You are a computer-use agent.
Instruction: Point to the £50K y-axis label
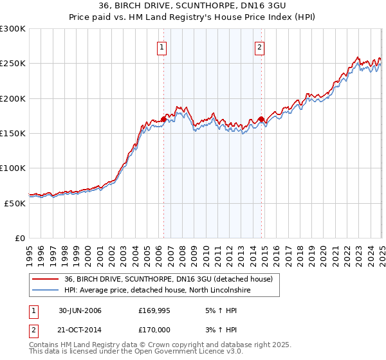pos(15,203)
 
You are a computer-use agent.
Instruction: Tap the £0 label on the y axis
pos(20,238)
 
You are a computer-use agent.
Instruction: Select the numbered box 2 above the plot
pos(259,47)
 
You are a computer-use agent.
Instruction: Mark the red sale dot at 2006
pos(164,119)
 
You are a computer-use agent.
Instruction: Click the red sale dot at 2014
pos(261,119)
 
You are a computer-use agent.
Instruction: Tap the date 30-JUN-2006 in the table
pos(80,311)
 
